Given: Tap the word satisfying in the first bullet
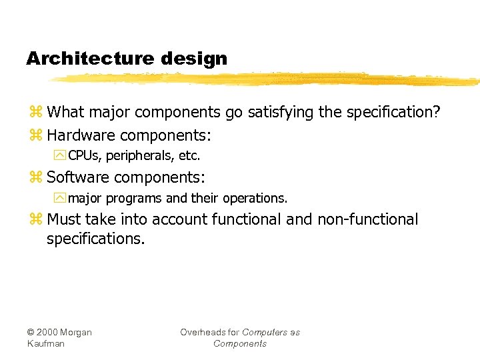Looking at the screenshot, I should (280, 112).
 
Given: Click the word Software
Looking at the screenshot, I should (76, 177).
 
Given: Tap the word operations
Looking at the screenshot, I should (257, 199).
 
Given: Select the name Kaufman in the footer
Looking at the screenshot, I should (46, 343).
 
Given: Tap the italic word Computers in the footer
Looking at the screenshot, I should (265, 332).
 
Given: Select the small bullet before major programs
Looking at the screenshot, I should (61, 199).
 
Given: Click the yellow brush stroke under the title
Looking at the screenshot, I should (267, 79).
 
